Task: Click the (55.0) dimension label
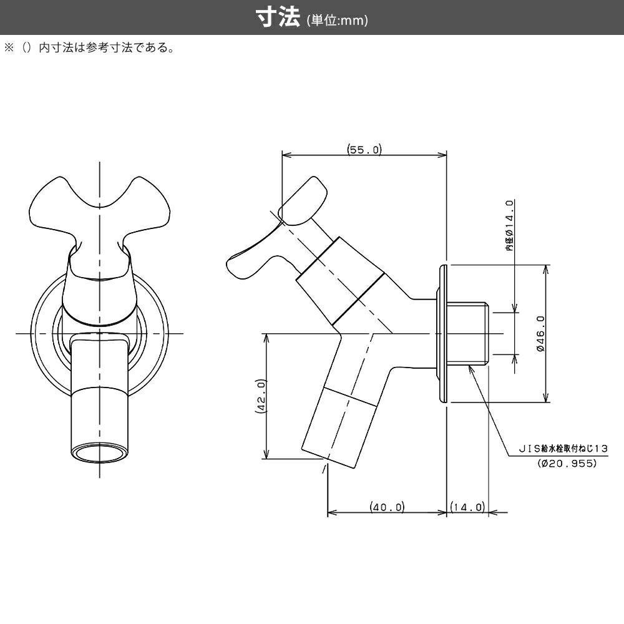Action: (364, 150)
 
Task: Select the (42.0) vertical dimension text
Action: (261, 396)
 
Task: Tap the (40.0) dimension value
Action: (387, 507)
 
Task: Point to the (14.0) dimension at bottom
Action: (467, 507)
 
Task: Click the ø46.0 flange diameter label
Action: (540, 334)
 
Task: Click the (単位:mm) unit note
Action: (338, 20)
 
